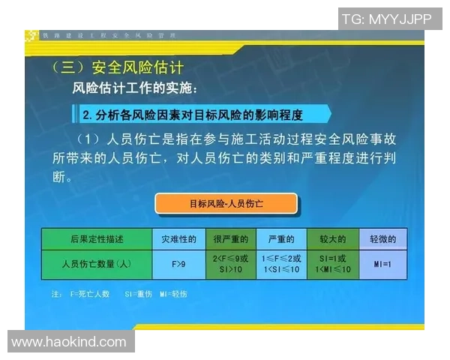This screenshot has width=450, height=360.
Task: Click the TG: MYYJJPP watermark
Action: click(386, 19)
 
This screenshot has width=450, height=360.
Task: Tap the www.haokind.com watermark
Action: click(69, 342)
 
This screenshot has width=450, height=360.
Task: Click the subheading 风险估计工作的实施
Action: click(135, 88)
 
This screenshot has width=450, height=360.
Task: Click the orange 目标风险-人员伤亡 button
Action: click(226, 202)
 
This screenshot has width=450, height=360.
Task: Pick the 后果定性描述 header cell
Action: click(97, 239)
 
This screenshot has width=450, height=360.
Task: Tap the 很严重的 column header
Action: click(230, 239)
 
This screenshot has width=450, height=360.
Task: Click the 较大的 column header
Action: click(332, 239)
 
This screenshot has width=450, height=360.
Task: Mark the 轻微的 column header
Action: click(383, 239)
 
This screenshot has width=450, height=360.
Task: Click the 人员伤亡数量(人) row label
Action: click(97, 264)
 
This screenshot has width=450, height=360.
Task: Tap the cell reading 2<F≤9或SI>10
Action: click(230, 264)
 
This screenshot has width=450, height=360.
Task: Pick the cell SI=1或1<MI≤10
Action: click(332, 264)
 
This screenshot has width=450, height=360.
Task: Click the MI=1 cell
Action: click(383, 264)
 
